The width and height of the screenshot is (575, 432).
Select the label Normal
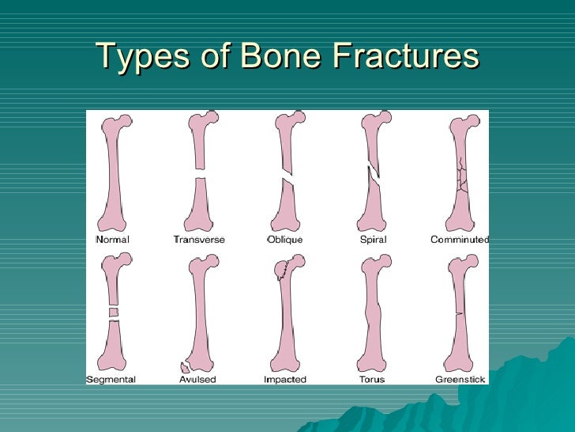pos(112,240)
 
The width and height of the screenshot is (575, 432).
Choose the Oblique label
pos(284,240)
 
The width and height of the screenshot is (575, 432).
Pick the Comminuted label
pos(460,240)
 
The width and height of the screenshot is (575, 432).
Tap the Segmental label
pos(111,380)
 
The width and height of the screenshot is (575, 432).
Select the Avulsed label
pos(197,380)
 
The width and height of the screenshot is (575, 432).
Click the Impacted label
pos(284,380)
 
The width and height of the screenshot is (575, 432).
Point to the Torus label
pos(371,380)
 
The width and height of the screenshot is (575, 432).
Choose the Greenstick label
pos(460,380)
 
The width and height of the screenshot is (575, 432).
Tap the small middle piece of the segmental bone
pos(113,313)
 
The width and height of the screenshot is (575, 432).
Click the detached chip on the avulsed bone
pos(186,367)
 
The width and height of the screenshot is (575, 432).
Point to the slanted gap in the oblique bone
pos(284,172)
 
